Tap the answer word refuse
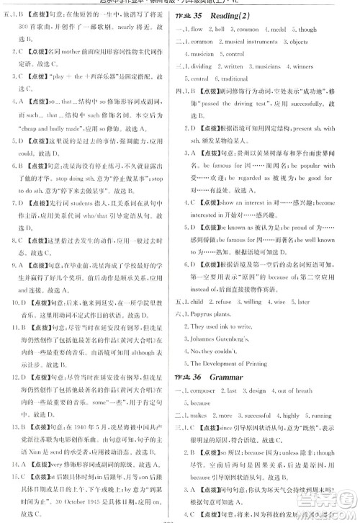click(224, 302)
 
